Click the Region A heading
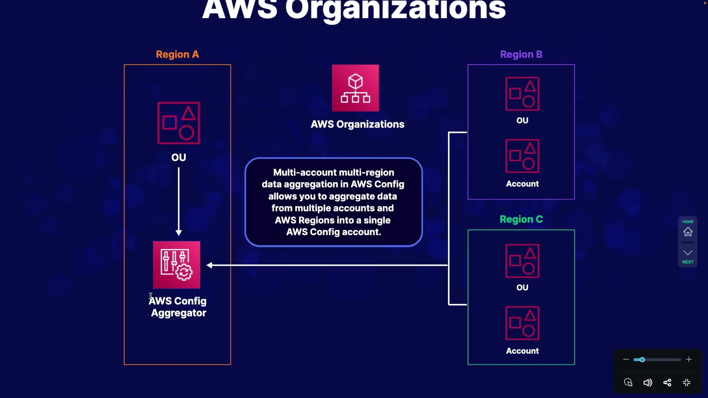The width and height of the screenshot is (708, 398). [177, 55]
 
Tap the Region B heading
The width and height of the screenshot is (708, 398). [521, 55]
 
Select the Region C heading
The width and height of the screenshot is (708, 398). [521, 219]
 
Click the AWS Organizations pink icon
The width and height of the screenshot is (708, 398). [355, 88]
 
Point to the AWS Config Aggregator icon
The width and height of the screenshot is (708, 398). [177, 265]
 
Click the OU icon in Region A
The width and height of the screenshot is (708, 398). [179, 123]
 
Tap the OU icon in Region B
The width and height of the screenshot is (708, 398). [523, 94]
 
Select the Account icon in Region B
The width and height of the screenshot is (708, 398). [523, 156]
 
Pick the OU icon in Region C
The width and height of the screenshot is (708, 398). [523, 261]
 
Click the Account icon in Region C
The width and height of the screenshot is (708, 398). [523, 323]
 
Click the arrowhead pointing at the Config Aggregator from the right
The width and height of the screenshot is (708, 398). [209, 265]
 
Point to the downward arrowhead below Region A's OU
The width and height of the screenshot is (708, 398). [179, 233]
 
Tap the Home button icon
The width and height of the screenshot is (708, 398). [688, 232]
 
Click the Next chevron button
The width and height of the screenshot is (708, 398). [688, 253]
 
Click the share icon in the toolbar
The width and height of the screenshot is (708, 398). [667, 383]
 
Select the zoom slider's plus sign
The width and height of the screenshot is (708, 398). [689, 359]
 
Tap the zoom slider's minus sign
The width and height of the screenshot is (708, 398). [626, 359]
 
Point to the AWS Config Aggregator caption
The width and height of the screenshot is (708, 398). [178, 307]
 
